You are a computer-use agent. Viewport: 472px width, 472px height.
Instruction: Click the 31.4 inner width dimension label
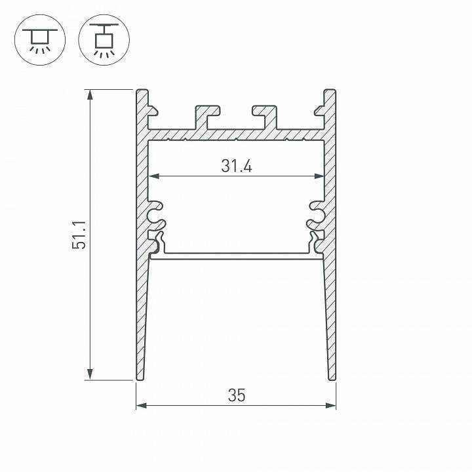236,166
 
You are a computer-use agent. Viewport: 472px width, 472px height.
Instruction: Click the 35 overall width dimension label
236,395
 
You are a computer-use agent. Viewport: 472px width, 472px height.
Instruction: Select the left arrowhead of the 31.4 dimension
154,176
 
